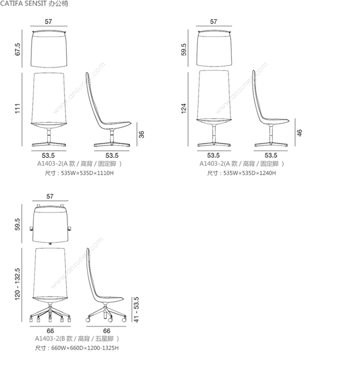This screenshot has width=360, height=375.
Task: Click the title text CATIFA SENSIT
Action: [x=23, y=3]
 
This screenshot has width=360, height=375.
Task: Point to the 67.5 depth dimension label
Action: [x=18, y=49]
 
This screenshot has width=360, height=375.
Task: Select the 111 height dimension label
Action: [x=18, y=109]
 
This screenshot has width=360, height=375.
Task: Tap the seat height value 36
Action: [x=142, y=134]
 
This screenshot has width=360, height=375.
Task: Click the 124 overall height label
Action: [x=183, y=109]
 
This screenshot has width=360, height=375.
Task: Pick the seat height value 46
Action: [x=300, y=133]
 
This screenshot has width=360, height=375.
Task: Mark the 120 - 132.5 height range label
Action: [x=18, y=284]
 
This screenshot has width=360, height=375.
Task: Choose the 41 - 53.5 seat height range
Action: [x=136, y=310]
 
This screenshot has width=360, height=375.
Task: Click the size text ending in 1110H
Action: [x=79, y=173]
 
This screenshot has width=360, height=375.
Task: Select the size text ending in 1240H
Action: [x=241, y=173]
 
